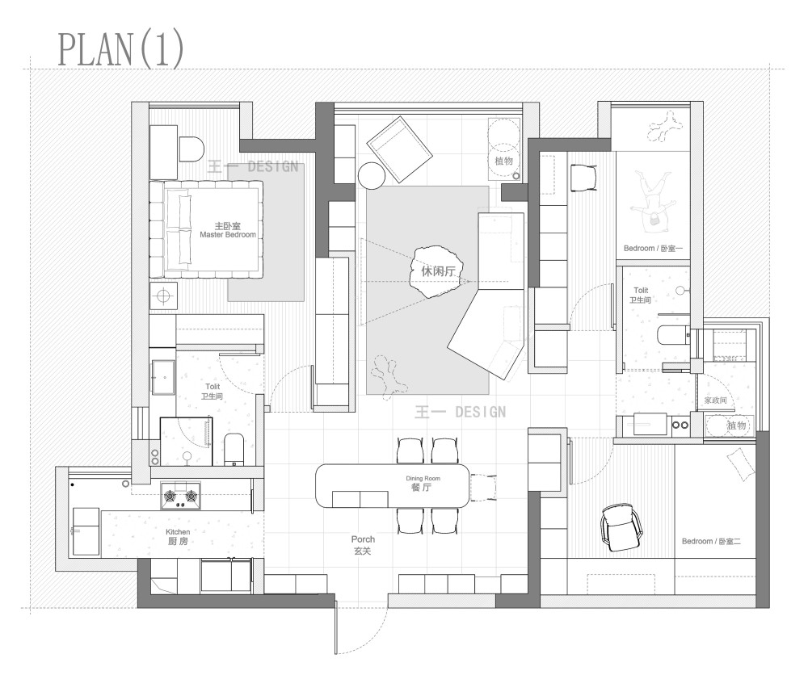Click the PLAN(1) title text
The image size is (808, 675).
120,49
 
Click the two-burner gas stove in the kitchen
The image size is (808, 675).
180,496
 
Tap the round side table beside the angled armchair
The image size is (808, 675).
372,176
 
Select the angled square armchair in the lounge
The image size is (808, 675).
400,149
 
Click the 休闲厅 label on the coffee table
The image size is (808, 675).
438,271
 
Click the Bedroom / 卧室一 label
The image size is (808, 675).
653,248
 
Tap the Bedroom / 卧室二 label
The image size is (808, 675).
711,541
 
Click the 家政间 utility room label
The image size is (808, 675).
715,400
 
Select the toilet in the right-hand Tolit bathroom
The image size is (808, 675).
674,336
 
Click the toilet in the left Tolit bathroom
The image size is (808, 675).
234,450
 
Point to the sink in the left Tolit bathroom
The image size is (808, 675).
164,377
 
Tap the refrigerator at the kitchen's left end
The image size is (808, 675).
86,531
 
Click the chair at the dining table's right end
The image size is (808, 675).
484,487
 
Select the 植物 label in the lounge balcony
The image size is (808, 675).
504,161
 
